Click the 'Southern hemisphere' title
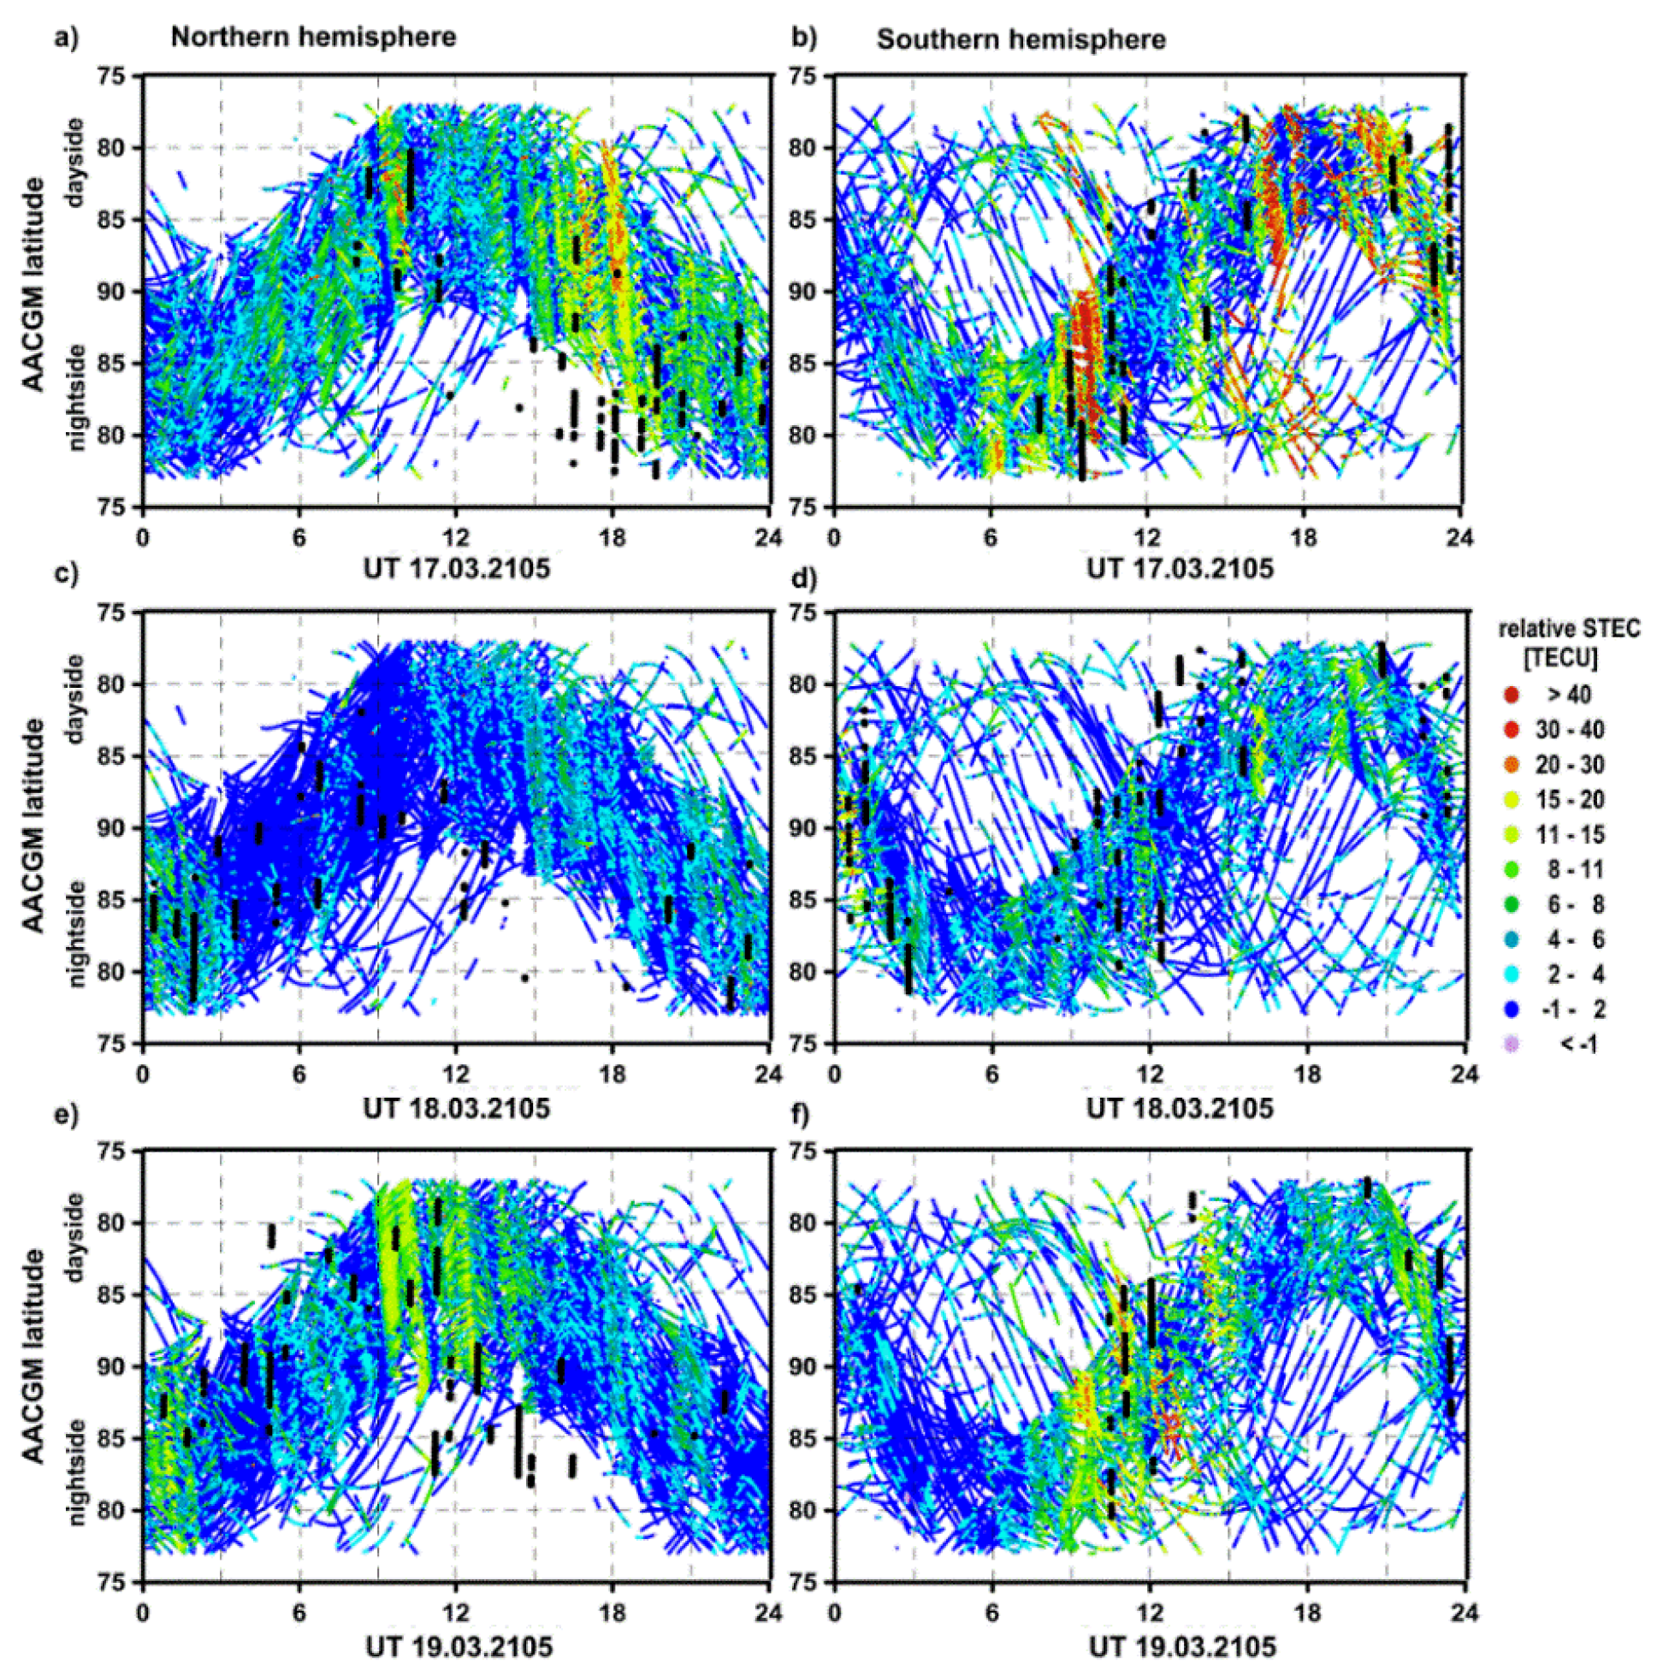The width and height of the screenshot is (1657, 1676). (x=1021, y=40)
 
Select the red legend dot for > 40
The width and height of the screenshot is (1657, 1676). (x=1512, y=694)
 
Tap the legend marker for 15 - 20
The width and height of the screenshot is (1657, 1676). (x=1512, y=800)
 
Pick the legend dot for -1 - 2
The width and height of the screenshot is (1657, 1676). (x=1512, y=1010)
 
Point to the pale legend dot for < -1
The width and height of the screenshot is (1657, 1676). (x=1512, y=1045)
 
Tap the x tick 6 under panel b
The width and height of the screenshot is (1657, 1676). (x=990, y=537)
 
